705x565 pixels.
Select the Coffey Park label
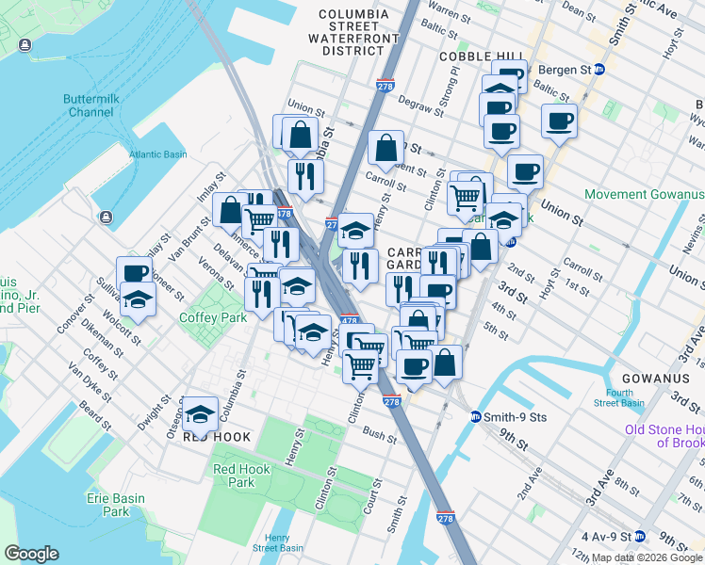213,317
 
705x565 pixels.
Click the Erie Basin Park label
116,505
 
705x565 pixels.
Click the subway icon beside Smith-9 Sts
477,416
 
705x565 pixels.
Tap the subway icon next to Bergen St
598,70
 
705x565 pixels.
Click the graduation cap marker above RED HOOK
200,412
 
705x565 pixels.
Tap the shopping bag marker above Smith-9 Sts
447,361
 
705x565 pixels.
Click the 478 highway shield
349,322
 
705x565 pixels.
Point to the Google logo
31,554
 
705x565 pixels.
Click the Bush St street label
379,435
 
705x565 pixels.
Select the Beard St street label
95,412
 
